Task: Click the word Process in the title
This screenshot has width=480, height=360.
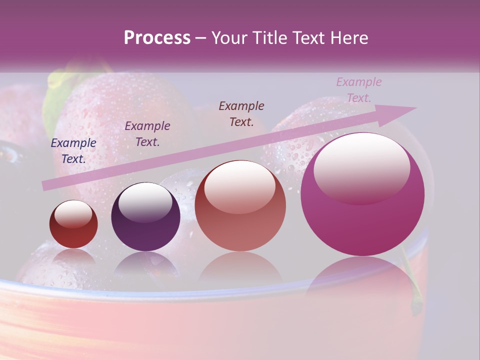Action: (x=157, y=38)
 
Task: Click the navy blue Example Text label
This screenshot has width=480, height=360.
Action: (x=73, y=151)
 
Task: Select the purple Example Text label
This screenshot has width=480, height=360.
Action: (x=147, y=134)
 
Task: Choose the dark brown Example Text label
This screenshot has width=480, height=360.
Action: (x=241, y=114)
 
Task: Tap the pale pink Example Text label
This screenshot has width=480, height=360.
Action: (x=359, y=90)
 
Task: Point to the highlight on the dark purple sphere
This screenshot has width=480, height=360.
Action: (x=145, y=201)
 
